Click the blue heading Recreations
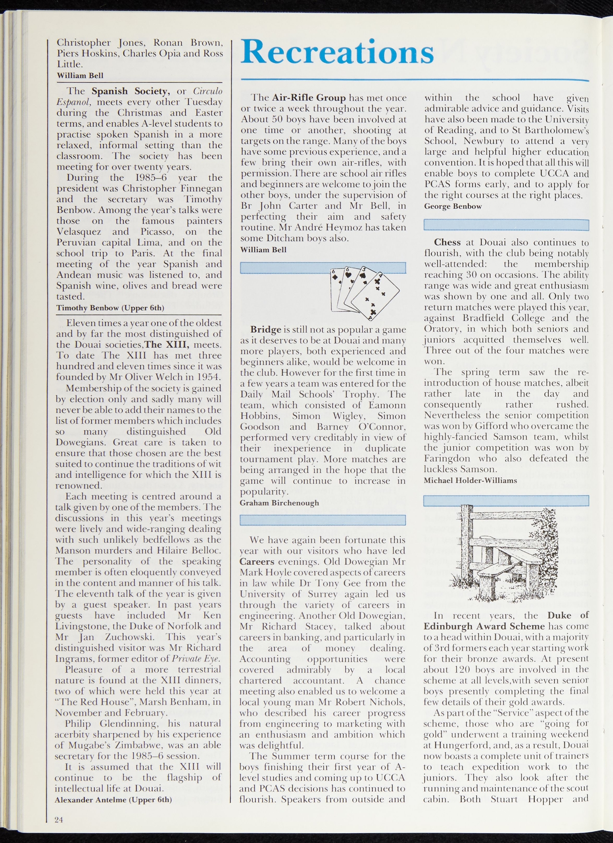[x=337, y=52]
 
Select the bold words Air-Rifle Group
[x=309, y=98]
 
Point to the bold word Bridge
[x=266, y=330]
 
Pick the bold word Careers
[x=257, y=561]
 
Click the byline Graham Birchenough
[x=279, y=503]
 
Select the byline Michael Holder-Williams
[x=470, y=480]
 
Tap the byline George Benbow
[x=453, y=206]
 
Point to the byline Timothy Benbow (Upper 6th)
[x=110, y=307]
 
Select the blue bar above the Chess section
[x=506, y=225]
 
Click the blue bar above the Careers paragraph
[x=323, y=520]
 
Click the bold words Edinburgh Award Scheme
[x=484, y=626]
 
